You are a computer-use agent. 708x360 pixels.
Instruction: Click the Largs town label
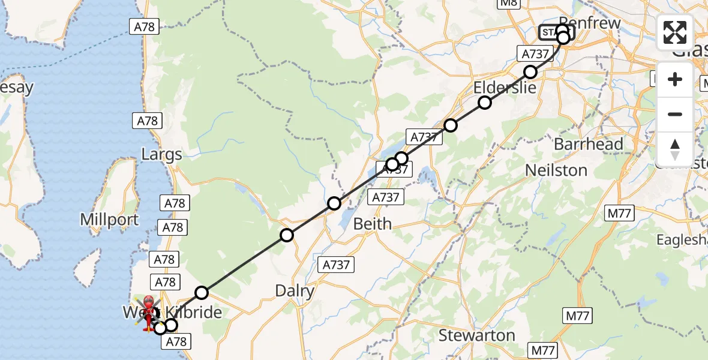(161, 155)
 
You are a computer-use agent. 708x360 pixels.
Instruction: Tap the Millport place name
(110, 220)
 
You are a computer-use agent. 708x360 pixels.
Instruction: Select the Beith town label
(372, 224)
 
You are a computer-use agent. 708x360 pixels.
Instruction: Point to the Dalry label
(295, 292)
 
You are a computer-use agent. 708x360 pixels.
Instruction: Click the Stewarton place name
(476, 335)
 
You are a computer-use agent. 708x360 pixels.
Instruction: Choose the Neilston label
(556, 170)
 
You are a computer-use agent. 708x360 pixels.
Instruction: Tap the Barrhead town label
(588, 144)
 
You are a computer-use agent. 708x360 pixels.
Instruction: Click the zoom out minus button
(675, 114)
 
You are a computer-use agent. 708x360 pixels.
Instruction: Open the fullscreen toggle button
(675, 32)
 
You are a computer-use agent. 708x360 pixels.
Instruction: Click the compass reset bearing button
(675, 149)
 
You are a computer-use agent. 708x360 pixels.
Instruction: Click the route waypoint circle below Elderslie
(484, 103)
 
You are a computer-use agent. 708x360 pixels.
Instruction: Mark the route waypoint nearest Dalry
(287, 235)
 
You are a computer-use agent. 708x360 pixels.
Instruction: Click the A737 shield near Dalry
(336, 264)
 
